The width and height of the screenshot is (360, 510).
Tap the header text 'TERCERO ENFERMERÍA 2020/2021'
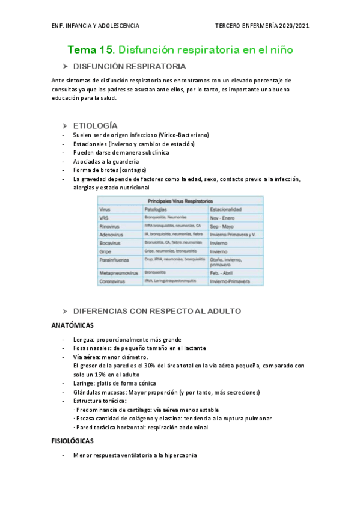tap(262, 26)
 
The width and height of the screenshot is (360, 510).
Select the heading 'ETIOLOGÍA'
tap(95, 125)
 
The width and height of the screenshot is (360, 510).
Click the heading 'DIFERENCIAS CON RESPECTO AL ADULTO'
tap(157, 311)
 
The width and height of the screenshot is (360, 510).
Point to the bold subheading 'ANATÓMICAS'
tap(72, 325)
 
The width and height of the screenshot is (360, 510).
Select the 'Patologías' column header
tap(156, 209)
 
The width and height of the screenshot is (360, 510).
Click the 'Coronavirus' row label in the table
tap(114, 281)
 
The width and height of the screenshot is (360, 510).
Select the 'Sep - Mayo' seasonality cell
tap(222, 226)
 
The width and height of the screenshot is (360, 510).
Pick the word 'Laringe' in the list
tap(84, 383)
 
